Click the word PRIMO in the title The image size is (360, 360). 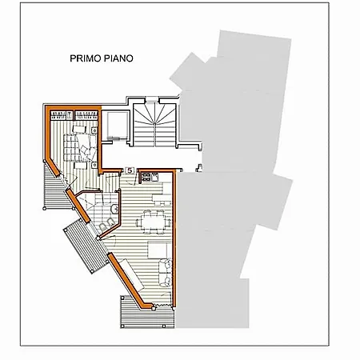click(86, 58)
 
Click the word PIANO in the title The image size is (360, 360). click(118, 58)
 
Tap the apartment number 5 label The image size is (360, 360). click(130, 170)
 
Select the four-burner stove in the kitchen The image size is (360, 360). click(146, 177)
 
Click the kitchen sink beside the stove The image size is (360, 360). click(155, 177)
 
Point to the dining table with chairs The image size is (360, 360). click(154, 222)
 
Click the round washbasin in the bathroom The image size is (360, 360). click(114, 209)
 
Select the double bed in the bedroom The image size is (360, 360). click(79, 147)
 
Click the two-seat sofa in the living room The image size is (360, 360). click(166, 272)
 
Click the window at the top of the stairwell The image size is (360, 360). click(152, 101)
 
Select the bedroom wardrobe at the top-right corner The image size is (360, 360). click(86, 115)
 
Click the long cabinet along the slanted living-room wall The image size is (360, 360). click(131, 275)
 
